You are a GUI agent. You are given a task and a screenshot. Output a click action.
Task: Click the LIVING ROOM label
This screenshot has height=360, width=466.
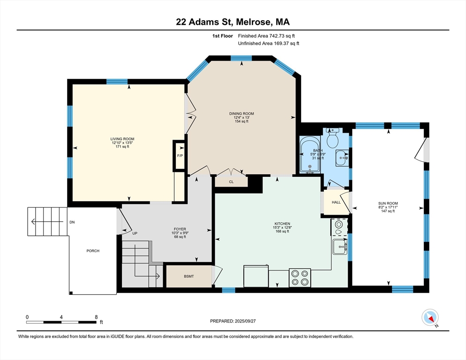pos(122,139)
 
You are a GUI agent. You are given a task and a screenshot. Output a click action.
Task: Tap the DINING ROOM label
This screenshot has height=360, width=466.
pos(241,113)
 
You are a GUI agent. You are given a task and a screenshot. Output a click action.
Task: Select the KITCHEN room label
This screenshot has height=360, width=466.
pos(282,224)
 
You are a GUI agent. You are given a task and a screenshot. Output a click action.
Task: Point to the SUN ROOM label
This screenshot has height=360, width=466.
pos(388,203)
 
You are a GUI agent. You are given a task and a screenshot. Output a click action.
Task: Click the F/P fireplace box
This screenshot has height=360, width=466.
pos(180,156)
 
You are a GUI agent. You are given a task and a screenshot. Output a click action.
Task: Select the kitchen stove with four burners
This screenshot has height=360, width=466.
pos(300,277)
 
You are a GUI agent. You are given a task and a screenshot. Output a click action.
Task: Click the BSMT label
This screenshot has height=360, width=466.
pos(189,276)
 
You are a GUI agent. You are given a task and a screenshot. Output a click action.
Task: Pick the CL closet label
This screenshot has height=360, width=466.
pos(231,181)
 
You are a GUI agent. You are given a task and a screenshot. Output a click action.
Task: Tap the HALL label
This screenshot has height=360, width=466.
pos(336,202)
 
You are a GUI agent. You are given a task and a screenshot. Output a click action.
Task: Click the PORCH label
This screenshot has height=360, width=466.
pos(93,251)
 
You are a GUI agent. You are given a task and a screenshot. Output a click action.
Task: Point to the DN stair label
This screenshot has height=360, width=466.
pos(72,222)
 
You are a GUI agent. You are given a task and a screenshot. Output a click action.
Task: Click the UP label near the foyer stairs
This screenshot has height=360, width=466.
pos(135,233)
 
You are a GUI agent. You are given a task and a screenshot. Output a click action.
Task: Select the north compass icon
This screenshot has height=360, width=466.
pos(430,317)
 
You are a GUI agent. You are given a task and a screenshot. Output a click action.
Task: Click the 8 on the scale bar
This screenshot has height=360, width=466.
pos(96,317)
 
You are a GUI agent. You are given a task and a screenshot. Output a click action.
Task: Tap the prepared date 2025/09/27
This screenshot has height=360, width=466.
pos(245,321)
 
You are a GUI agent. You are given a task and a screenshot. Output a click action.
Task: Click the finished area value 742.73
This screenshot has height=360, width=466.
pos(277,36)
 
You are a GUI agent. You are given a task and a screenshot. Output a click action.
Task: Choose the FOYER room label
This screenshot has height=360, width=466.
pos(180,229)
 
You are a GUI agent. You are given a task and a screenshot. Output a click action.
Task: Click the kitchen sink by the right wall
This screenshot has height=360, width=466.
pos(340,247)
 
